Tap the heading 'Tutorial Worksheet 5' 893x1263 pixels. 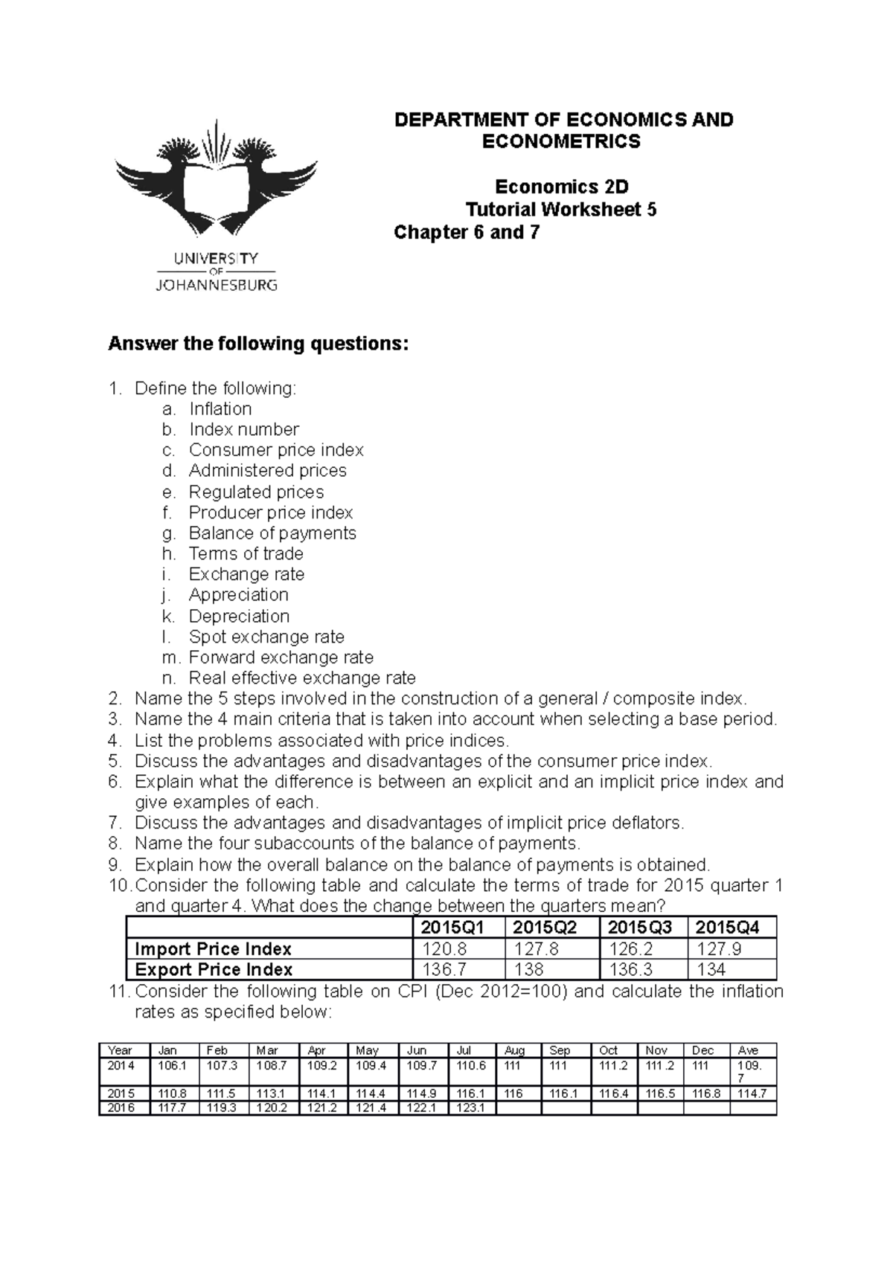(x=561, y=210)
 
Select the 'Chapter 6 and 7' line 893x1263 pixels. (x=467, y=233)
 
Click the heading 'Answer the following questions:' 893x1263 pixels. (x=259, y=344)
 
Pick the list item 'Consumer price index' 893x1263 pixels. (x=276, y=450)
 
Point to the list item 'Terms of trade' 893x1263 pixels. (x=246, y=553)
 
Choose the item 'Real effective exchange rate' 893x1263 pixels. (x=302, y=678)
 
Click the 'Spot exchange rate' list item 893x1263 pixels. (x=266, y=637)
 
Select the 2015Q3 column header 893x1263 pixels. (x=640, y=928)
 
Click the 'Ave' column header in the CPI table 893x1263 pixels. (x=748, y=1050)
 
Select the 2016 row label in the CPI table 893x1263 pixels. (x=121, y=1108)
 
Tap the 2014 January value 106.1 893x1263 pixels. (x=168, y=1065)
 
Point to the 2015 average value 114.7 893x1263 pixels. (x=753, y=1093)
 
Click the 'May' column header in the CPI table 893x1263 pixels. (x=367, y=1050)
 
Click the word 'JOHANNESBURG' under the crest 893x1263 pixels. (x=216, y=285)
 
